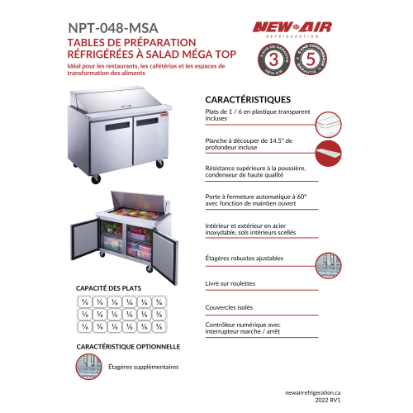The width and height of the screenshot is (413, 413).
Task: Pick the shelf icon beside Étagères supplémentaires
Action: [x=88, y=367]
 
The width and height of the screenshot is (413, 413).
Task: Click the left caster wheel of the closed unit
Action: [x=96, y=178]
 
